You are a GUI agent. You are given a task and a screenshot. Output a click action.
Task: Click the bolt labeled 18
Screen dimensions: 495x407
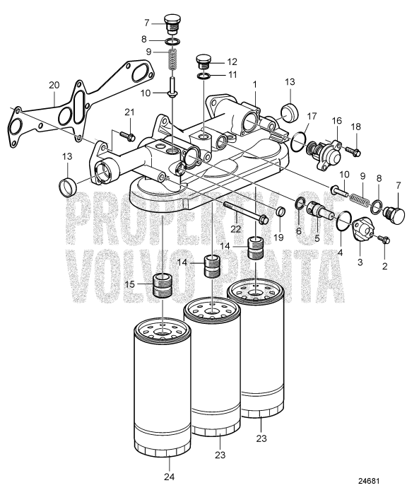point(355,151)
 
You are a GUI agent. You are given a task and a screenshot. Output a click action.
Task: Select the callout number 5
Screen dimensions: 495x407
point(317,238)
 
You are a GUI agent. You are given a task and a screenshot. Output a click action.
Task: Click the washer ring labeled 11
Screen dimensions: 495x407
point(203,76)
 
